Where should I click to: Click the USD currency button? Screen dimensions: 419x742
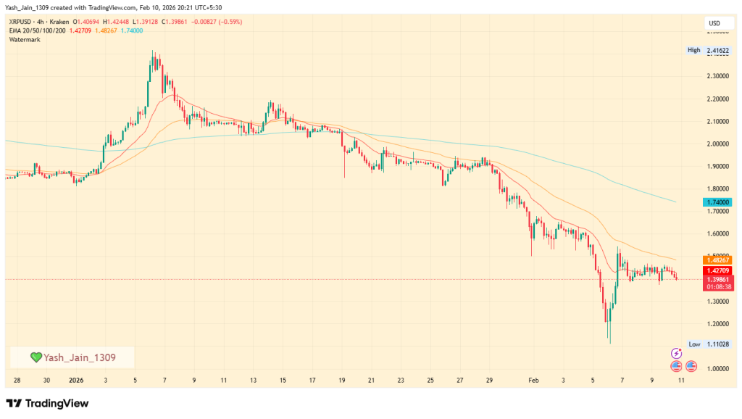(x=714, y=23)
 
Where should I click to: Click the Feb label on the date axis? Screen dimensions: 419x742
(x=534, y=380)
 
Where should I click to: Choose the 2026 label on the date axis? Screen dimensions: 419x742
(x=76, y=380)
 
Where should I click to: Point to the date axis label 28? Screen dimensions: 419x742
(x=17, y=380)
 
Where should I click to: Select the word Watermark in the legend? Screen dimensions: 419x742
(x=25, y=39)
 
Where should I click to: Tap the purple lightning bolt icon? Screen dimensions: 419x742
(x=676, y=352)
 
